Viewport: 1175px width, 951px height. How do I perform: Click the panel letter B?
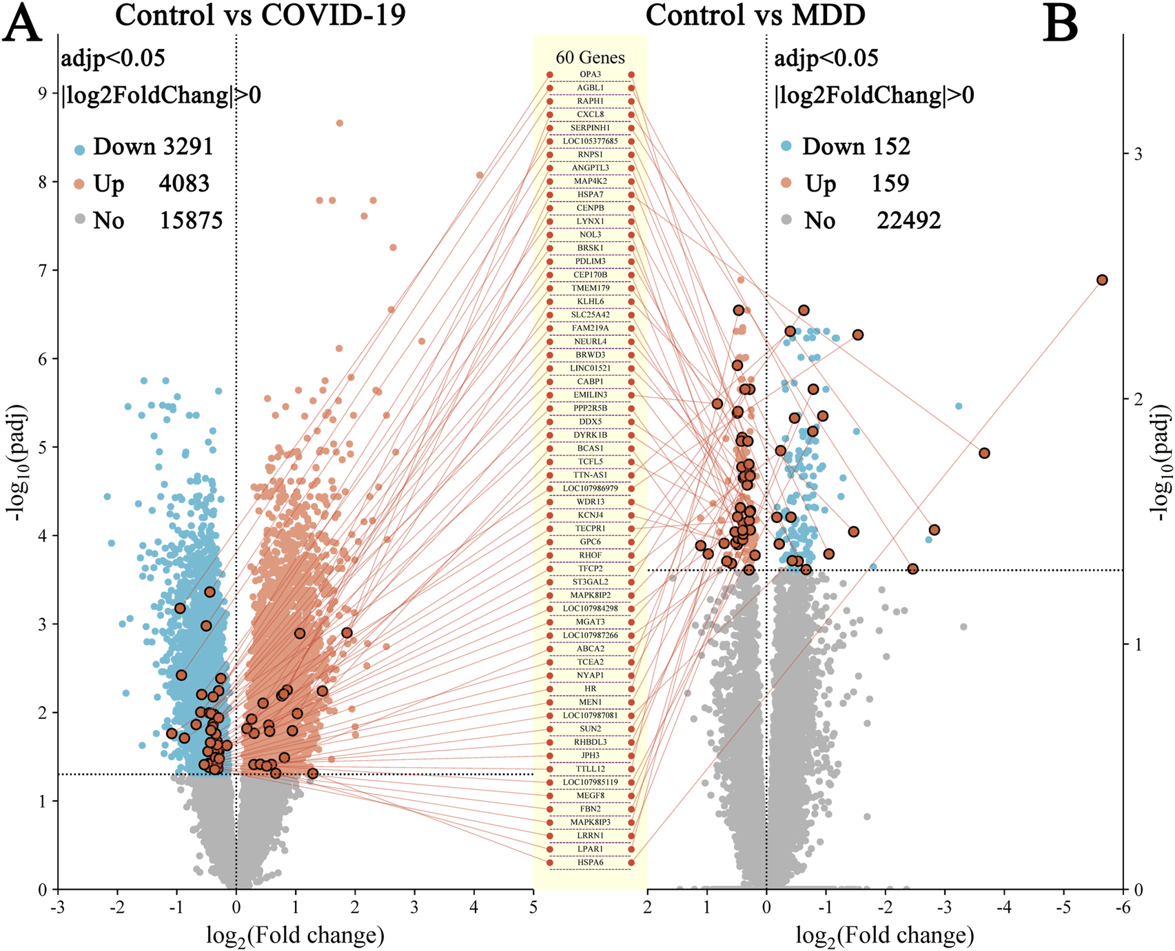[1061, 26]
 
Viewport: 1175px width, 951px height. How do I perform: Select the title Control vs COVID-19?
[260, 15]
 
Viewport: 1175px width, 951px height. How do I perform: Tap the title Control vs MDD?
[755, 15]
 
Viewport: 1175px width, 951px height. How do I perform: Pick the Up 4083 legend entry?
[141, 184]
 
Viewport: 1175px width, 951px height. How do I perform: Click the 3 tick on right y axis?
[1138, 154]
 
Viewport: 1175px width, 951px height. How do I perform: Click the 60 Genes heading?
[591, 57]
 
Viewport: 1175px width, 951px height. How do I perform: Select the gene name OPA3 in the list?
[591, 74]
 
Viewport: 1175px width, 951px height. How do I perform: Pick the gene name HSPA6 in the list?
[591, 862]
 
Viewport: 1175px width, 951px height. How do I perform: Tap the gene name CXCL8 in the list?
[591, 114]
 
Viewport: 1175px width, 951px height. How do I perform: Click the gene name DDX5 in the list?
[591, 421]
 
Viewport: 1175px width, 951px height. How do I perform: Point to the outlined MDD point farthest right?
[1102, 280]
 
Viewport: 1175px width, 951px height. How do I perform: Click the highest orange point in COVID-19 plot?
[340, 123]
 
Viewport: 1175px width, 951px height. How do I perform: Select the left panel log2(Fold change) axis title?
[295, 935]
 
